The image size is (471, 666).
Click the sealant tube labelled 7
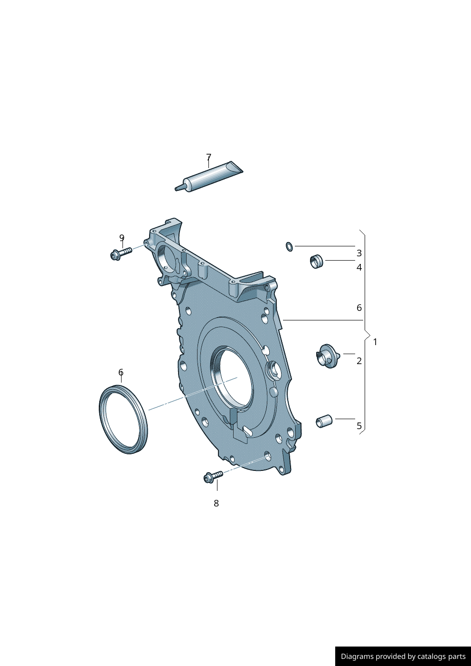coord(209,178)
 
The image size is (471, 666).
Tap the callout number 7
coord(208,157)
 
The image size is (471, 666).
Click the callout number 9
coord(122,238)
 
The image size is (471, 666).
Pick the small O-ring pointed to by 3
coord(289,246)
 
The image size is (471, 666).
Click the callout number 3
coord(359,253)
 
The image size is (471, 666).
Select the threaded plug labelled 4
coord(316,261)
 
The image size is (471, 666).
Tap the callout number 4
coord(359,267)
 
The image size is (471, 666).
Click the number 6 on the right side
coord(359,308)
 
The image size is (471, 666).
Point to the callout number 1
coord(375,342)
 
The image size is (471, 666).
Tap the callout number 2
coord(359,361)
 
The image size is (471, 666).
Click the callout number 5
coord(359,426)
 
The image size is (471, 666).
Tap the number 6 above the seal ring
coord(121,372)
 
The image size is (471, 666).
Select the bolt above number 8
coord(213,476)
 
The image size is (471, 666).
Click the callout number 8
coord(216,503)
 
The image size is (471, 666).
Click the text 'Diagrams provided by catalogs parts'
coord(403,657)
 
